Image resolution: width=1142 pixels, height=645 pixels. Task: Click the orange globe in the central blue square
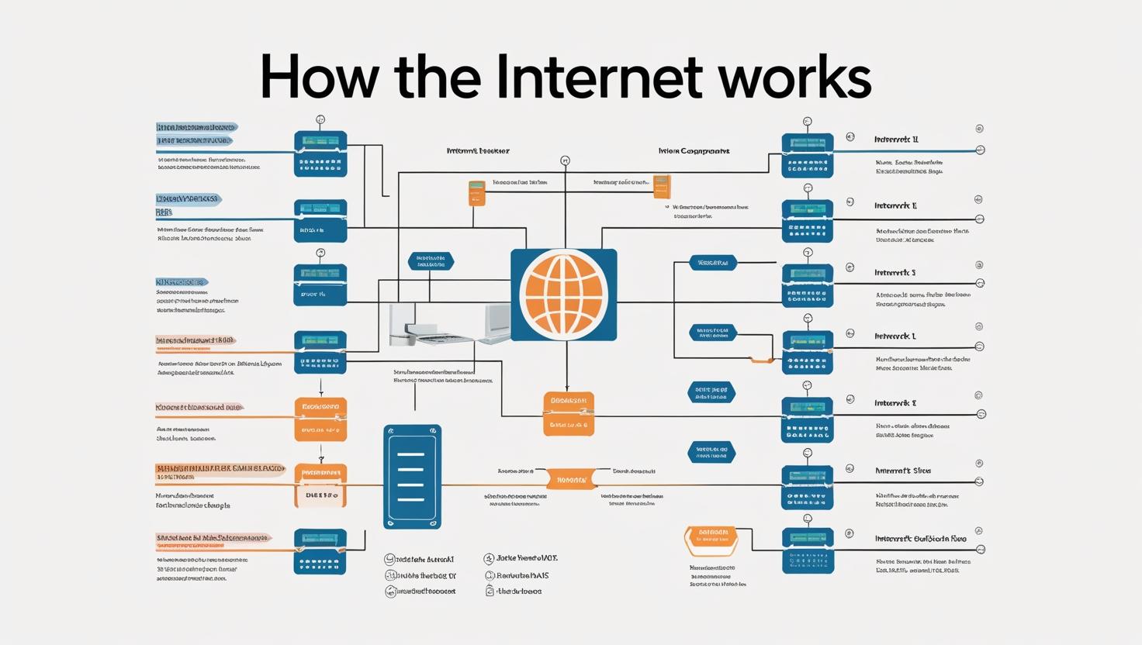[x=564, y=295]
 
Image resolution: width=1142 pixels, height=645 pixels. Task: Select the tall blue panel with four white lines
[x=412, y=477]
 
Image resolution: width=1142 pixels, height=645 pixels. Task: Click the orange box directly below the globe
[x=569, y=413]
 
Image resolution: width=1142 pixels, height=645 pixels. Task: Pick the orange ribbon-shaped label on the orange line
[x=571, y=480]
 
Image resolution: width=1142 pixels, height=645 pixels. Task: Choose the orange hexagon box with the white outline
[x=712, y=537]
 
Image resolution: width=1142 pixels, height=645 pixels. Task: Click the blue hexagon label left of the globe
[x=431, y=261]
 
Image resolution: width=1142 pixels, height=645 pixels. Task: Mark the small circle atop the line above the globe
[x=565, y=160]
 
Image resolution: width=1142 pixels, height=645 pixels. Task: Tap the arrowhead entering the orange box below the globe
[x=567, y=388]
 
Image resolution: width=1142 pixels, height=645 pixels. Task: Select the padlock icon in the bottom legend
[x=490, y=591]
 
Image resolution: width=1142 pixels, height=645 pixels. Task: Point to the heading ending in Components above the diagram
[x=694, y=151]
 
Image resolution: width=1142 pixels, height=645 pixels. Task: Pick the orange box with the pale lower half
[x=320, y=486]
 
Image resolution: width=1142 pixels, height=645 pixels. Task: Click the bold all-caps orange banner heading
[x=220, y=469]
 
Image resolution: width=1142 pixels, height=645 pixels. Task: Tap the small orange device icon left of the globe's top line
[x=476, y=193]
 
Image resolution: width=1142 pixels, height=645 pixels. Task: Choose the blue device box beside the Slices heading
[x=807, y=487]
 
